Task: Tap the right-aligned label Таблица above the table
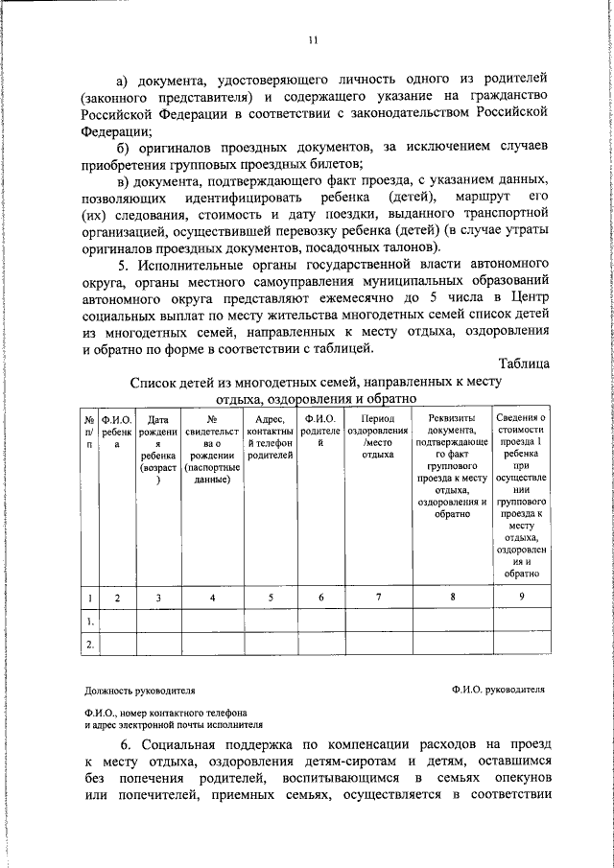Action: click(525, 364)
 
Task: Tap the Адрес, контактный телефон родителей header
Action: click(270, 438)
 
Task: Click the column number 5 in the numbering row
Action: click(270, 598)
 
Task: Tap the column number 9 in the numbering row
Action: click(522, 598)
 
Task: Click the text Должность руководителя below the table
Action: click(140, 689)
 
